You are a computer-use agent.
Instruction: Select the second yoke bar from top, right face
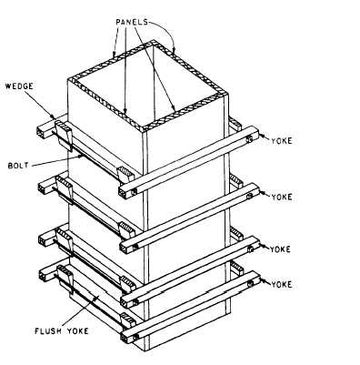click(x=191, y=213)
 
